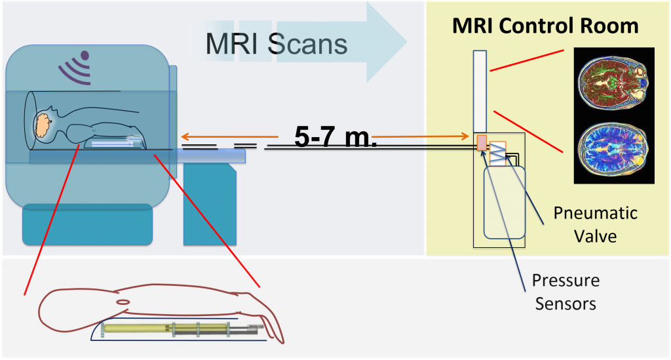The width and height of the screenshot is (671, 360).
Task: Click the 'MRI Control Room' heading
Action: [545, 26]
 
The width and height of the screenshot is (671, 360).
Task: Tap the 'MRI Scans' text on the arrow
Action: [276, 43]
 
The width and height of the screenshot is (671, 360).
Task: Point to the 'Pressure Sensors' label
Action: [566, 292]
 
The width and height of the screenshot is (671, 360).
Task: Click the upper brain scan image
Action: [613, 81]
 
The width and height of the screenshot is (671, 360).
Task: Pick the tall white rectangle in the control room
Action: [479, 91]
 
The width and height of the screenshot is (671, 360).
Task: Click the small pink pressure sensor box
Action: [482, 143]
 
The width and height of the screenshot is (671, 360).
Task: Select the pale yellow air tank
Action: [504, 203]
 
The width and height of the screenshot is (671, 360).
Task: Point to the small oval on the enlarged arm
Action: [122, 302]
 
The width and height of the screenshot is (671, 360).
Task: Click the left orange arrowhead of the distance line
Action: [185, 137]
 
